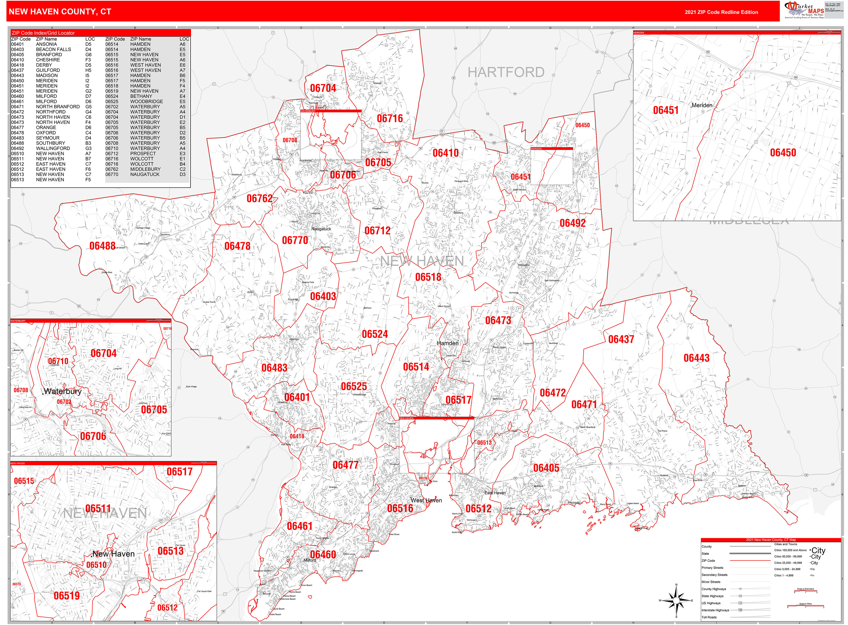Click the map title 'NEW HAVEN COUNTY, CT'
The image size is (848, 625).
60,12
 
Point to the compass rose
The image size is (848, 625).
676,600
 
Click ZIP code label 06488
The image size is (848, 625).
102,246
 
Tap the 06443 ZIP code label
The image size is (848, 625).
696,358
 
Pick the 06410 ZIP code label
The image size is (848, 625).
445,153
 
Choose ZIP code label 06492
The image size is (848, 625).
572,223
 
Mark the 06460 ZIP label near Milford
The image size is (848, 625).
323,555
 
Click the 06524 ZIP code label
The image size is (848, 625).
374,334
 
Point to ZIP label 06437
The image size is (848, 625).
621,339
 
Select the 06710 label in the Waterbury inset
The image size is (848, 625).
58,361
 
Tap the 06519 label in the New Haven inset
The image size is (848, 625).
67,596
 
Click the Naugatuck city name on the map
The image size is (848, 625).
321,229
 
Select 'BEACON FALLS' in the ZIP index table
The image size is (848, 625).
53,50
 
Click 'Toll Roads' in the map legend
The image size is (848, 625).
709,617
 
